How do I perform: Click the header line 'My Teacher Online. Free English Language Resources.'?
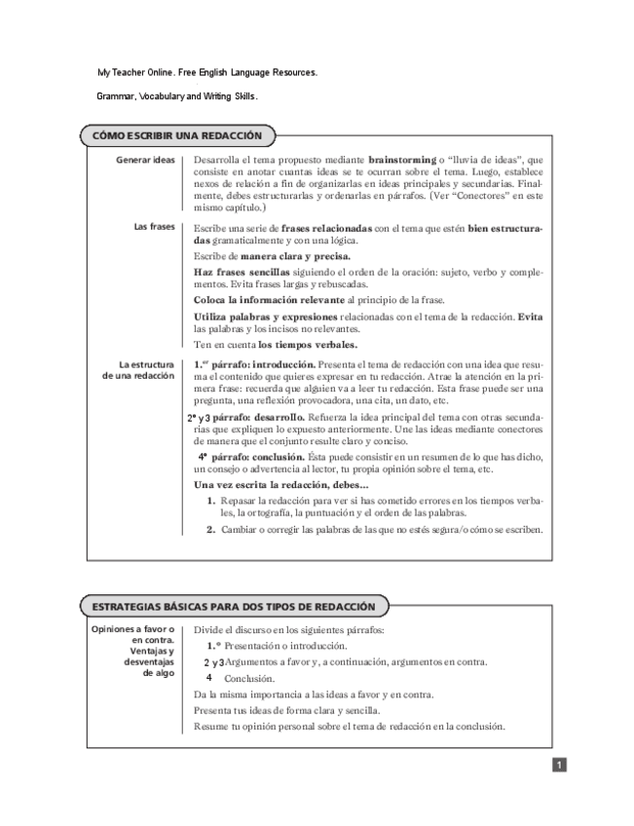pyautogui.click(x=206, y=73)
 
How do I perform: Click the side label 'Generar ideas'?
pyautogui.click(x=146, y=159)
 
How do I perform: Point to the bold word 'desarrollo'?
pyautogui.click(x=278, y=416)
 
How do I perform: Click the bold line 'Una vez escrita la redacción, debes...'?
pyautogui.click(x=281, y=484)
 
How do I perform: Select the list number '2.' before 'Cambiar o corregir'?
pyautogui.click(x=210, y=530)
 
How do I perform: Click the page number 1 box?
pyautogui.click(x=559, y=766)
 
